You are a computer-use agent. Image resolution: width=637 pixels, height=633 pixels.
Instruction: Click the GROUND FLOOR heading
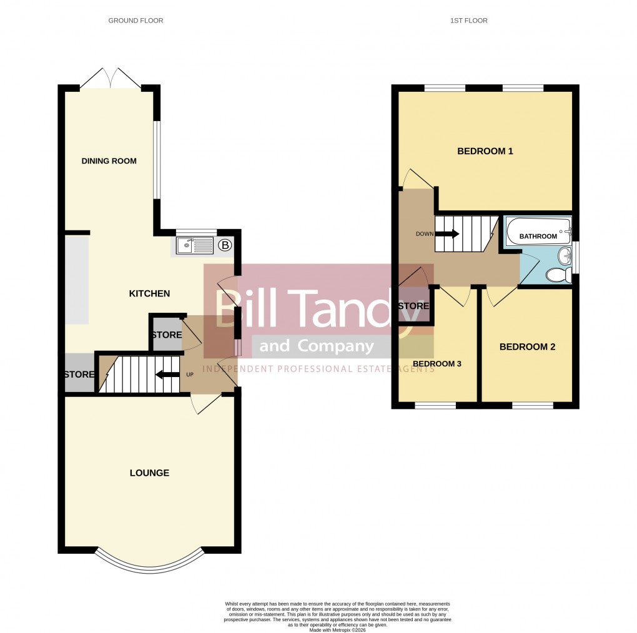pos(136,21)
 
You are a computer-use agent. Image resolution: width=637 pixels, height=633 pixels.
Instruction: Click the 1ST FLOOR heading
pos(468,21)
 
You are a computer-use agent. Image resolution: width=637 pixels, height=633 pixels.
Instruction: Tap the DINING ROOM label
pos(109,161)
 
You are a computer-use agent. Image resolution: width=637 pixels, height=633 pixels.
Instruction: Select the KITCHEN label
pos(149,293)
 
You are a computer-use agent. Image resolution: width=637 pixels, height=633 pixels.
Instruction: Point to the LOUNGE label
pos(149,473)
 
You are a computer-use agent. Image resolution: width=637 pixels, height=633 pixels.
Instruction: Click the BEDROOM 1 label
pos(485,151)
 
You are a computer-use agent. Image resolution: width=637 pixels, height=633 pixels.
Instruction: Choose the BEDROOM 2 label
pos(527,347)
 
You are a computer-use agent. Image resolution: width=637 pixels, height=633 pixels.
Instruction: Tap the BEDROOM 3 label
pos(437,364)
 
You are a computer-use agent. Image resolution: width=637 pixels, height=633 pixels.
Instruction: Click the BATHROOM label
pos(538,236)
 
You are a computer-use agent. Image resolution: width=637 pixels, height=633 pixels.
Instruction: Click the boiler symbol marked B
pos(224,245)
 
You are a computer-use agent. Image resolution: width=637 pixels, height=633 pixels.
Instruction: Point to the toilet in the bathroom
pos(556,275)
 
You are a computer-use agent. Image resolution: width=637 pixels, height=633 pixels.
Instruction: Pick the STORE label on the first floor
pos(413,306)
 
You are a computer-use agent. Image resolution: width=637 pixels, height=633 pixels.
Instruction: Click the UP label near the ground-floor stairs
pos(190,375)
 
